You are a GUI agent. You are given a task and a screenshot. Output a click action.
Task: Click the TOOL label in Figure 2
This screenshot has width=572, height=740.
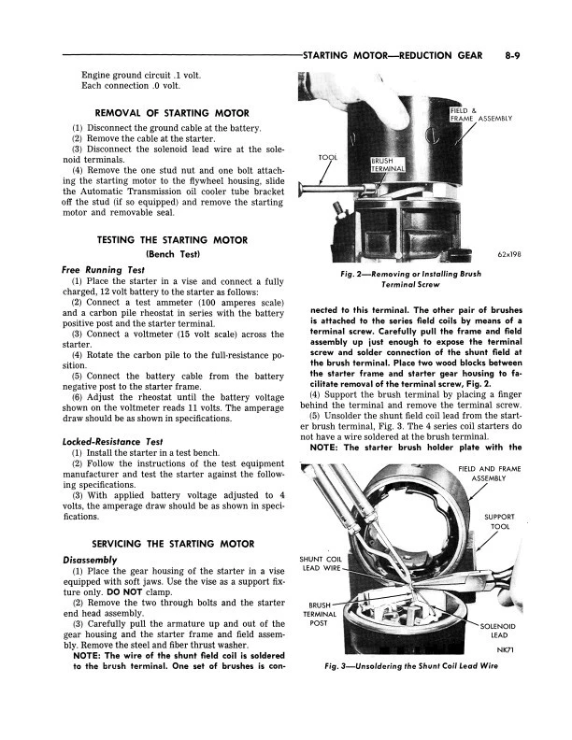tap(327, 158)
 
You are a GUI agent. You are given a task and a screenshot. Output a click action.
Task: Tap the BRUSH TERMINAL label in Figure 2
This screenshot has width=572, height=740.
tap(388, 164)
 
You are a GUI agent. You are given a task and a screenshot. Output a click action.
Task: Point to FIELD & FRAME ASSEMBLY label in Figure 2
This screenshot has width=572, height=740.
tap(477, 115)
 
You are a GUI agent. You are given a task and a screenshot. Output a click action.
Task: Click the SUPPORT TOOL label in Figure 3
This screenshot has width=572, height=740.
tap(497, 521)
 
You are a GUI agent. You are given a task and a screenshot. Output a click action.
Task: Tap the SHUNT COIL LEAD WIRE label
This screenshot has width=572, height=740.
tap(321, 563)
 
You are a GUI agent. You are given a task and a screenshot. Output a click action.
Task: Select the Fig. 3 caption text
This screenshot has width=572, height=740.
tap(410, 667)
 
